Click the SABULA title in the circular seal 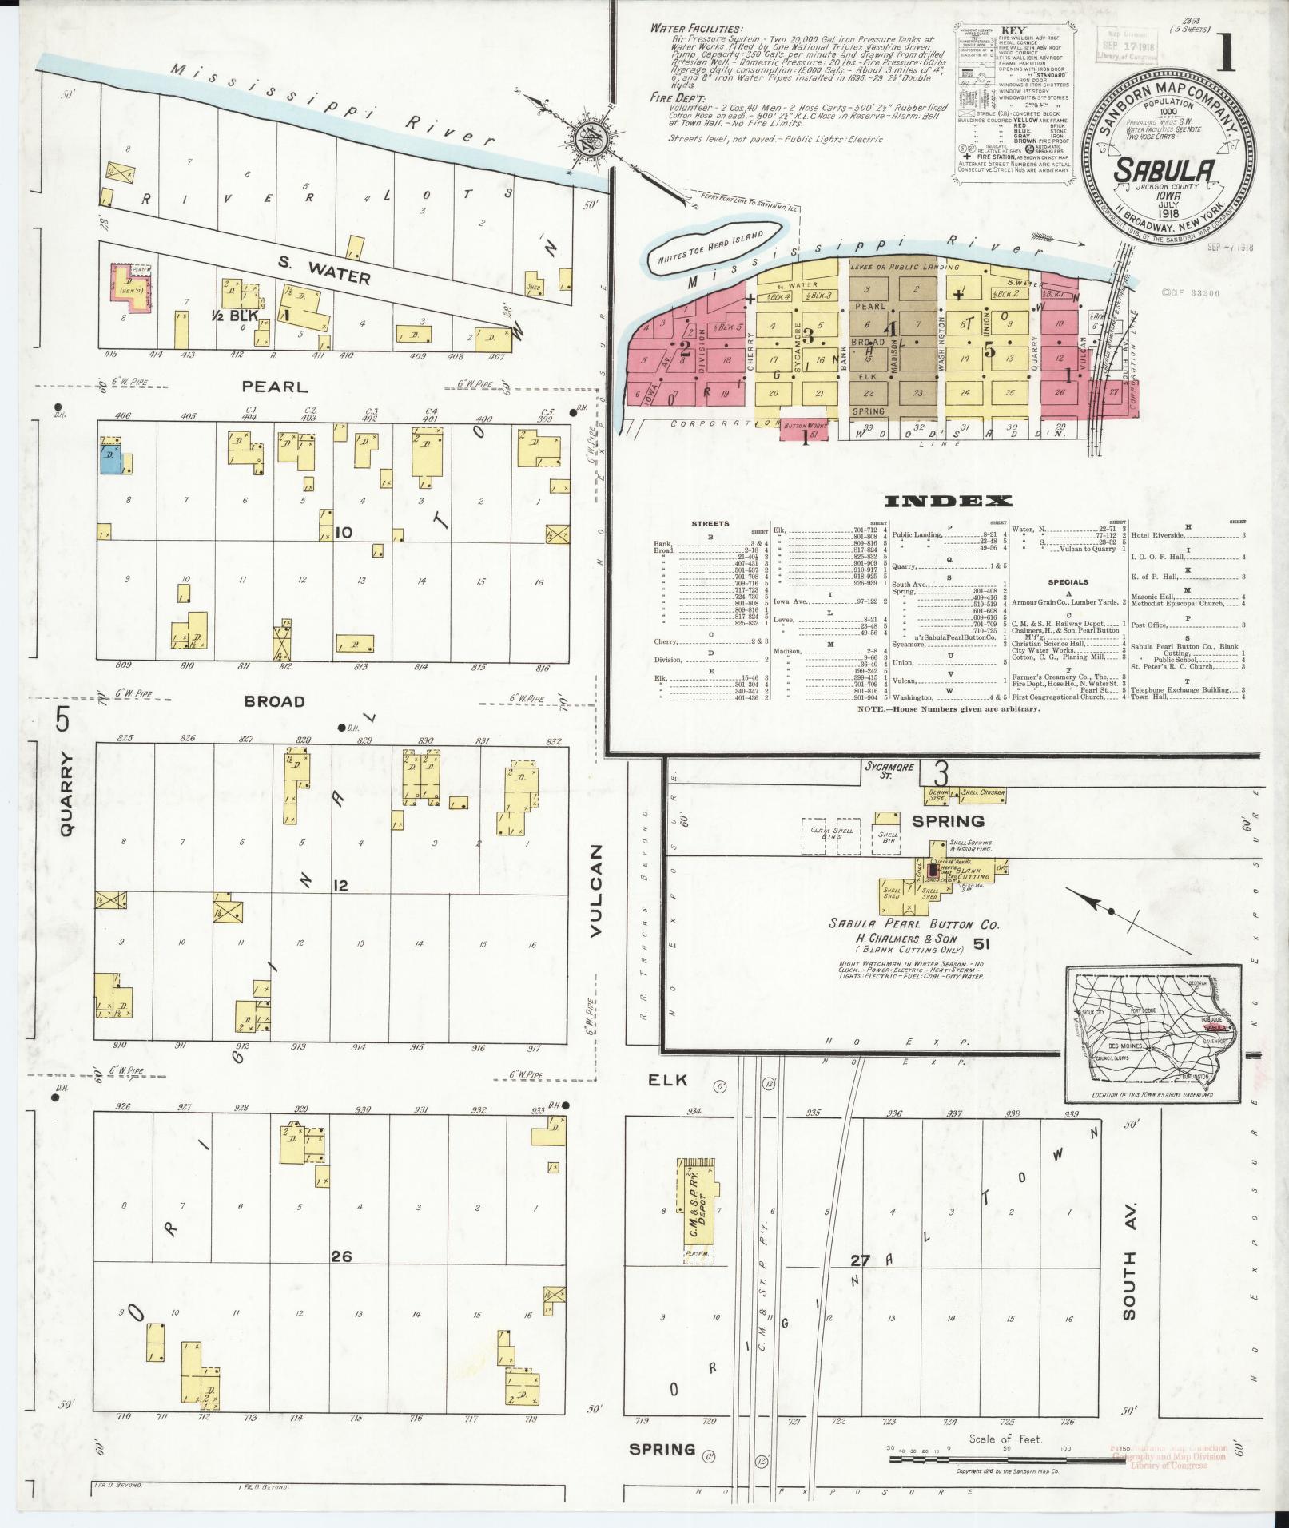point(1166,169)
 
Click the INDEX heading point(948,502)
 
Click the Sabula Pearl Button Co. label point(913,924)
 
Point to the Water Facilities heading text point(694,28)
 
